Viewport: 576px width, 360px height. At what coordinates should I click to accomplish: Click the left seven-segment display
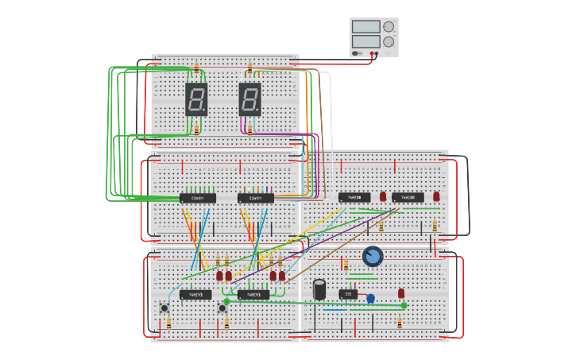tap(196, 99)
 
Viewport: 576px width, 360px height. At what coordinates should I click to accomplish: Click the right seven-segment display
tap(249, 99)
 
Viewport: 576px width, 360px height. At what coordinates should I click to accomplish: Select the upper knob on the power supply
tap(389, 27)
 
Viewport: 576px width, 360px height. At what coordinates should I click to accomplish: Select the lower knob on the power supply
tap(389, 41)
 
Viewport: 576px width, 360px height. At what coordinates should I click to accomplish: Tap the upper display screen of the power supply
tap(365, 27)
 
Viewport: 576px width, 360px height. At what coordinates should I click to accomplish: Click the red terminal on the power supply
tap(371, 54)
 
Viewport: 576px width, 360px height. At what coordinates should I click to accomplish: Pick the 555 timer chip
tap(348, 294)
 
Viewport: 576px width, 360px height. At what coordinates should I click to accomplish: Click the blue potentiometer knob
tap(372, 256)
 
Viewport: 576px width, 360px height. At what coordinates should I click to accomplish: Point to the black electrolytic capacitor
tap(319, 289)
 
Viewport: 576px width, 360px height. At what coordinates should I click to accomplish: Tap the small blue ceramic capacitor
tap(370, 299)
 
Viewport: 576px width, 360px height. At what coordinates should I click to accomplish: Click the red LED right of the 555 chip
tap(401, 292)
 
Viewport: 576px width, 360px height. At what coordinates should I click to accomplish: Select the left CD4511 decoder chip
tap(197, 198)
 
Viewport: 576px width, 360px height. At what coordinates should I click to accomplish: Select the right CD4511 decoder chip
tap(255, 198)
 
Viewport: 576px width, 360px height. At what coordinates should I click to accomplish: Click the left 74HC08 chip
tap(354, 197)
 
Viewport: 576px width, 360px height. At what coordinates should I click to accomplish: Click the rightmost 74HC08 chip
tap(408, 197)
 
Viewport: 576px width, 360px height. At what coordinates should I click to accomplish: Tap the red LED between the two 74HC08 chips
tap(383, 196)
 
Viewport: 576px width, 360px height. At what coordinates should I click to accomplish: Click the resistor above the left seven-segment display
tap(196, 69)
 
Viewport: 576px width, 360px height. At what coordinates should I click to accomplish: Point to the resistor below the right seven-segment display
tap(249, 130)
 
